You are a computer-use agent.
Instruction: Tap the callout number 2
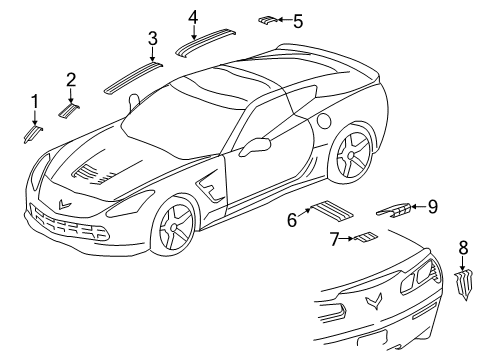click(x=71, y=79)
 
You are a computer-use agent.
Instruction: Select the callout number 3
click(x=152, y=39)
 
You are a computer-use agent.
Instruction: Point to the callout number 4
click(x=192, y=16)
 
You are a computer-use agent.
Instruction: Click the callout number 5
click(x=297, y=19)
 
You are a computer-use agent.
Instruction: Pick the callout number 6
click(x=292, y=219)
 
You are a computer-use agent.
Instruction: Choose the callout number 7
click(x=335, y=238)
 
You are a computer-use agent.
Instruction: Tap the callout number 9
click(x=432, y=206)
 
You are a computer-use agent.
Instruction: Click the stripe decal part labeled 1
click(x=32, y=134)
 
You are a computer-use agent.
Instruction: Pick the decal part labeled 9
click(x=394, y=209)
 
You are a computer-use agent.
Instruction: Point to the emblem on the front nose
click(x=66, y=203)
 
